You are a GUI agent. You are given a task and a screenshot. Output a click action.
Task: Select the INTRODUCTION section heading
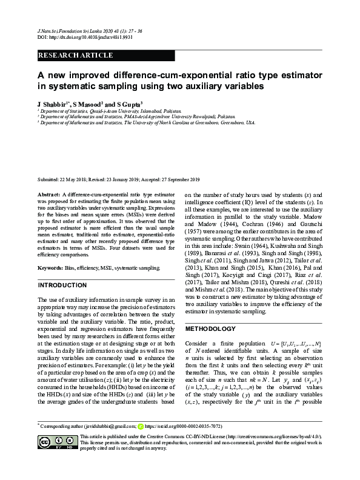coord(63,285)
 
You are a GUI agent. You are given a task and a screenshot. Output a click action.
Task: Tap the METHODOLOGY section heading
coord(210,329)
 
